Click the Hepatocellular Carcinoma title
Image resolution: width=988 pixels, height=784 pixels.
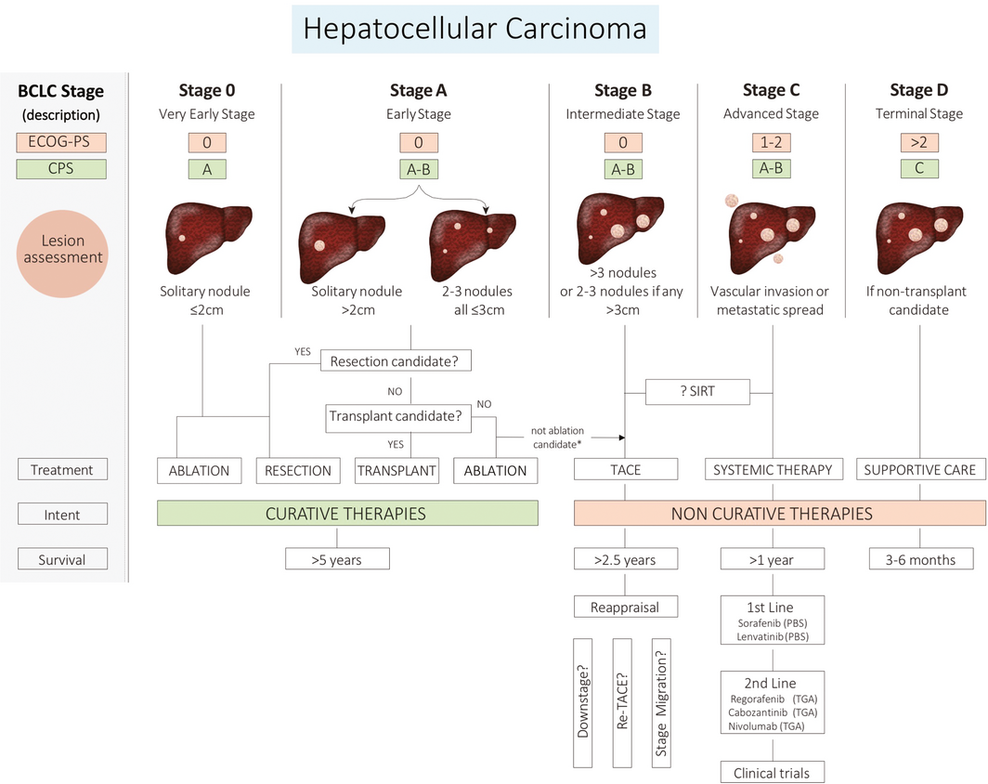pyautogui.click(x=474, y=28)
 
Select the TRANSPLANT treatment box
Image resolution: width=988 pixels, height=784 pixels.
pyautogui.click(x=397, y=470)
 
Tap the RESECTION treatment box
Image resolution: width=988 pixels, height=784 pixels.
pyautogui.click(x=298, y=470)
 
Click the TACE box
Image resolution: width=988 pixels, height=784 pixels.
pyautogui.click(x=625, y=470)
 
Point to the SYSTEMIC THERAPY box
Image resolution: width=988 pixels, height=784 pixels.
pyautogui.click(x=772, y=470)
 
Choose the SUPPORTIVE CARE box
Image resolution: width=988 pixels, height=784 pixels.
pyautogui.click(x=919, y=470)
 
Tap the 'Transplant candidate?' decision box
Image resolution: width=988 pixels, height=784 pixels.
pyautogui.click(x=397, y=418)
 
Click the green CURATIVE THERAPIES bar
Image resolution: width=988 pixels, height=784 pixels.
pyautogui.click(x=347, y=513)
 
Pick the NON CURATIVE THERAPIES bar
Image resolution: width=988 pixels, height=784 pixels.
pyautogui.click(x=780, y=513)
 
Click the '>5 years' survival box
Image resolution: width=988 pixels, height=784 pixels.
pyautogui.click(x=336, y=559)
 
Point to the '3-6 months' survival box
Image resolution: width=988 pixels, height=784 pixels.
pyautogui.click(x=921, y=559)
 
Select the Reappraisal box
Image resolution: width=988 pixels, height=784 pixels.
pyautogui.click(x=625, y=607)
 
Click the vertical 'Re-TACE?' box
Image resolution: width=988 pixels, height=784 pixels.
pyautogui.click(x=624, y=702)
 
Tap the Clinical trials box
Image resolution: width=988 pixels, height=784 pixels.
pyautogui.click(x=772, y=772)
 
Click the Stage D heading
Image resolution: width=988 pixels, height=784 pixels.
pyautogui.click(x=918, y=90)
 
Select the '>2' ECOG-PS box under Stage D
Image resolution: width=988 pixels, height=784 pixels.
pyautogui.click(x=918, y=143)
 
